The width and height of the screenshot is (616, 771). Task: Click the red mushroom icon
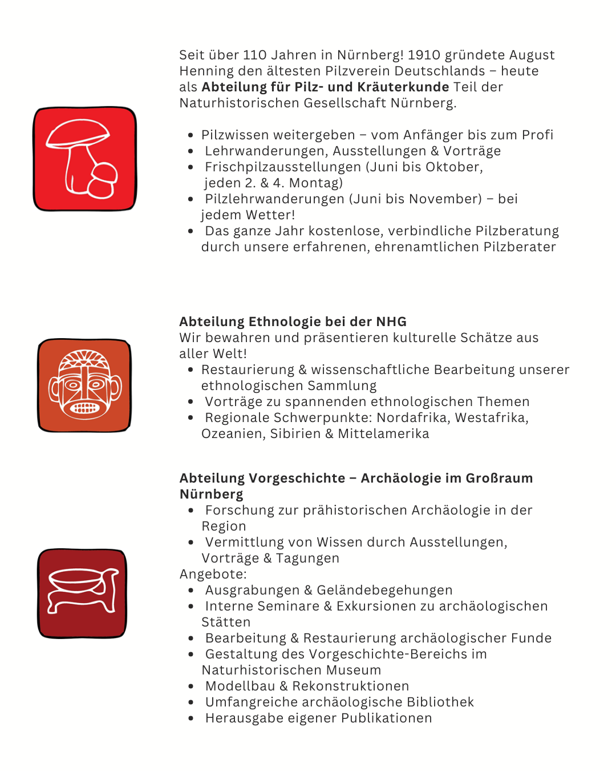[x=85, y=159]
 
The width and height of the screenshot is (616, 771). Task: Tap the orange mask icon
[x=84, y=385]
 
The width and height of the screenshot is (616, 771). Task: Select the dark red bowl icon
[x=82, y=593]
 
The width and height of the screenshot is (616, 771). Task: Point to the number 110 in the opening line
[x=254, y=55]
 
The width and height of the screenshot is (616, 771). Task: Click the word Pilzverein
[x=357, y=71]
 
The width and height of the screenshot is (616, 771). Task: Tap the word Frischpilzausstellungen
[x=283, y=167]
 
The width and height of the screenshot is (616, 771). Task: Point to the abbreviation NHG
[x=391, y=322]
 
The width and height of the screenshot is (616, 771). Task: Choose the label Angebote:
[x=213, y=574]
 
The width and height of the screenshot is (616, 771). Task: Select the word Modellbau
[x=240, y=686]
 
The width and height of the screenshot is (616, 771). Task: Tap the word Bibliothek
[x=440, y=702]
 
